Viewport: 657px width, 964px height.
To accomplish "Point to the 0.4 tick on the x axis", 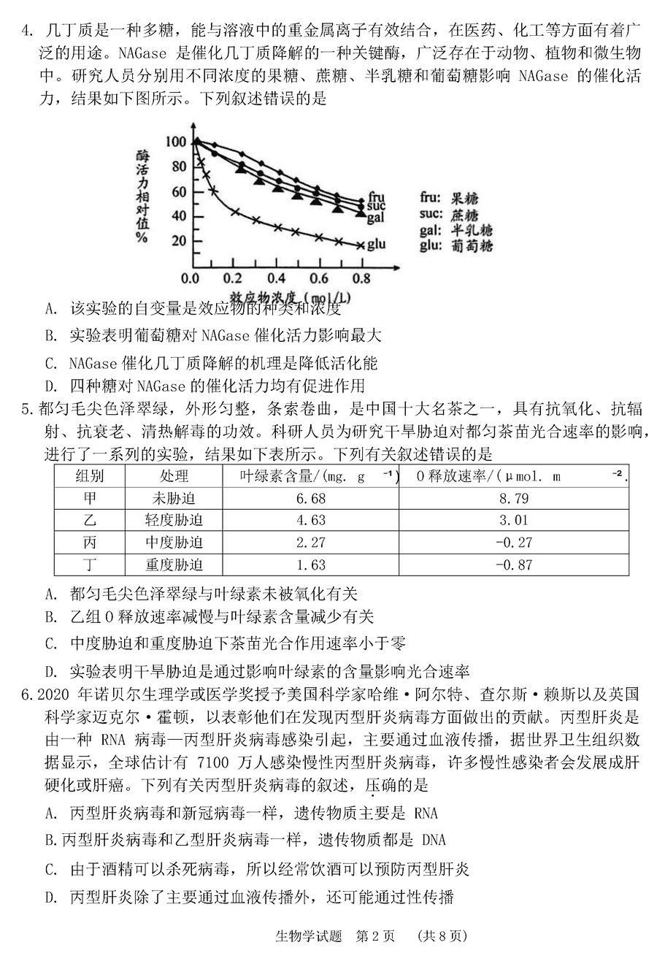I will [x=276, y=278].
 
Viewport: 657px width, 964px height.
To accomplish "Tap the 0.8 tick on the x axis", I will [x=360, y=278].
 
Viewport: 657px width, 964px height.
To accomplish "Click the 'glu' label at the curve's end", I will [x=376, y=244].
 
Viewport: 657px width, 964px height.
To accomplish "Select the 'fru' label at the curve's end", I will [x=377, y=196].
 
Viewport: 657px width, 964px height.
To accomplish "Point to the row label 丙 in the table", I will [x=90, y=543].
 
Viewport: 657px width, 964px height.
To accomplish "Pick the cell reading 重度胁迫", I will [x=174, y=565].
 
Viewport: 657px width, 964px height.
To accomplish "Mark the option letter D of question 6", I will [x=50, y=897].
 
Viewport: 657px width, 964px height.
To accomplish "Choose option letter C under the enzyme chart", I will [x=50, y=362].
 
